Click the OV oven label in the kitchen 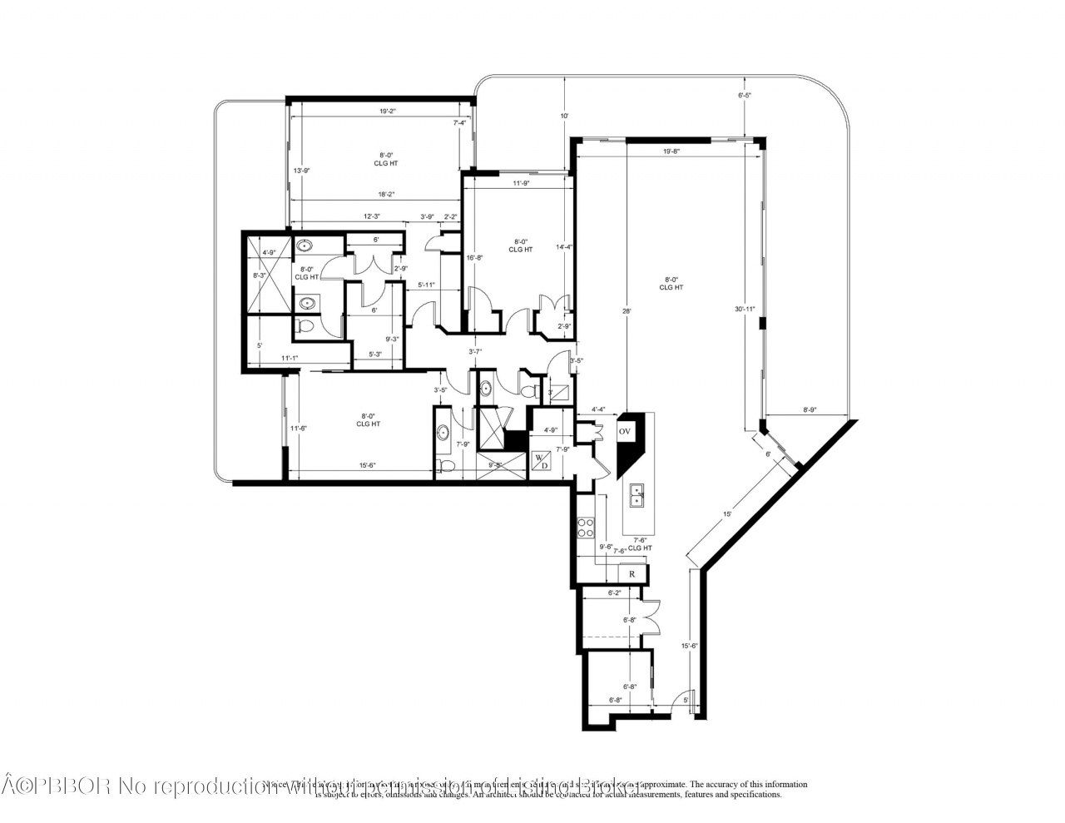point(624,432)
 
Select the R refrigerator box point(632,573)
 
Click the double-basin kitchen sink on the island point(637,495)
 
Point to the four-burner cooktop point(586,528)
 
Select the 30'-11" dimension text point(745,309)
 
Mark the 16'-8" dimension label point(475,257)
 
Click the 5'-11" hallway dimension point(426,285)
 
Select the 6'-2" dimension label point(615,593)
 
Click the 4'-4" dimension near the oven point(598,409)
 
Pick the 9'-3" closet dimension point(392,339)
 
